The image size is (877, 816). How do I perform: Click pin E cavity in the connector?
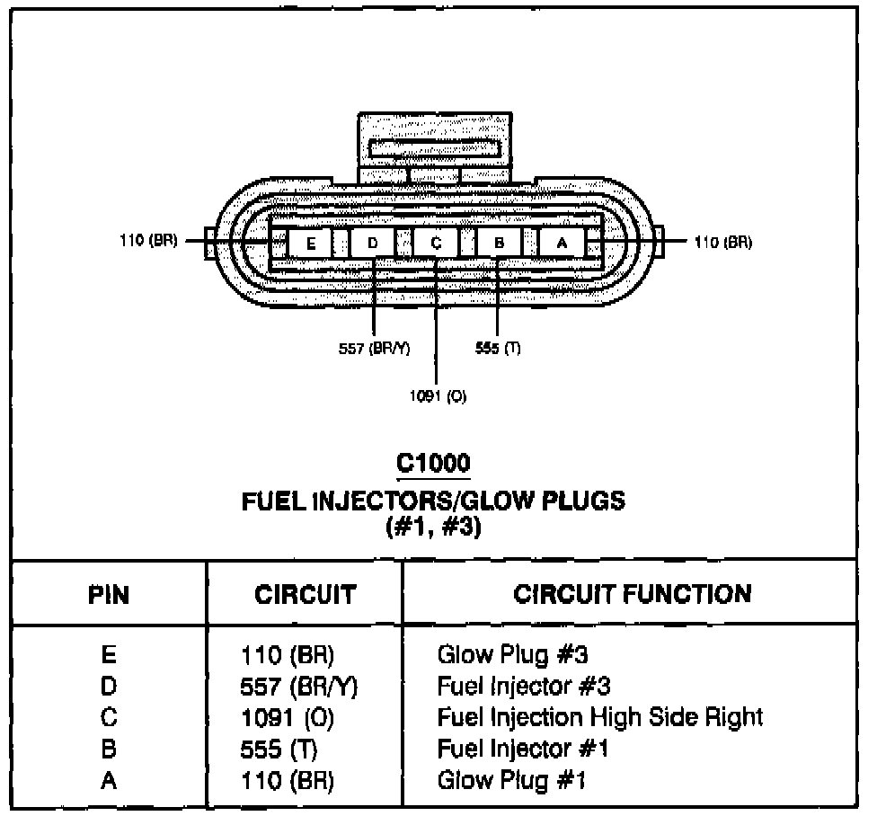310,243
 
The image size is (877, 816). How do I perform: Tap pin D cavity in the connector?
374,243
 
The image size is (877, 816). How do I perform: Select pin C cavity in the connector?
436,243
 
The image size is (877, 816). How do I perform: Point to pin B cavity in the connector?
499,243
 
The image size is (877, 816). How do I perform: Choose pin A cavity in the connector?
562,243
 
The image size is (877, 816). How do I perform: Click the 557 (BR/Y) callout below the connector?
374,350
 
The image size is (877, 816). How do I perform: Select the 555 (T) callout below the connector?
498,350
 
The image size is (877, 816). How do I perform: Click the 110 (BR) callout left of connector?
148,242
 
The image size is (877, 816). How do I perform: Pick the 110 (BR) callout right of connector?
723,242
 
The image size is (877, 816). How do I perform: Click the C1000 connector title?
433,464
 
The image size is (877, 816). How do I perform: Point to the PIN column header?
109,594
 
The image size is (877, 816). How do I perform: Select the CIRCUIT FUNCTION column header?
632,593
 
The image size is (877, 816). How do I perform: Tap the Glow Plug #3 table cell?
512,653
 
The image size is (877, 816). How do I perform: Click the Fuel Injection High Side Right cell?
600,716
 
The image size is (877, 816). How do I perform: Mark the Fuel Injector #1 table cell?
524,748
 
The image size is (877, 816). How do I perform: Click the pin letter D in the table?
109,686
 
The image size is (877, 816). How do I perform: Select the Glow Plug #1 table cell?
511,779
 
